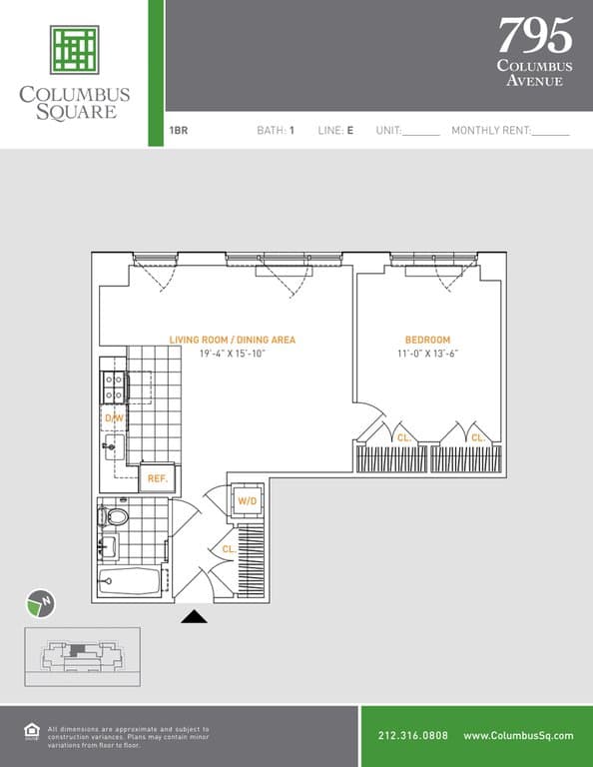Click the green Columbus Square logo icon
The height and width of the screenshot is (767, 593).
tap(75, 50)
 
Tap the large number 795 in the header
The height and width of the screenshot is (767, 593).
tap(535, 36)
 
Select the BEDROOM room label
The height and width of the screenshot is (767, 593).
tap(427, 340)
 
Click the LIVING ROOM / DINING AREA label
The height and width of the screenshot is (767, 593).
tap(232, 340)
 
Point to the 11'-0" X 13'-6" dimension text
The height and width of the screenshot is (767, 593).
tap(427, 354)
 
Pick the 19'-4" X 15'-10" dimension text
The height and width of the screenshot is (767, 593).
tap(232, 354)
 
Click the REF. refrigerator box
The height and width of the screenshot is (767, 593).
tap(157, 478)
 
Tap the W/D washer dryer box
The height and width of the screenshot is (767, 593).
tap(247, 500)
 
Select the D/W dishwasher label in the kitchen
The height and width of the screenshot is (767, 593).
tap(113, 417)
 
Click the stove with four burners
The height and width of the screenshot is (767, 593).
tap(114, 384)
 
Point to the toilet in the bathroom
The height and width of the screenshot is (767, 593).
tap(116, 517)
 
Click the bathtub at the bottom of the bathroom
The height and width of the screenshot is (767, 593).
tap(132, 583)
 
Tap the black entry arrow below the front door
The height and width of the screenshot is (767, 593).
tap(194, 617)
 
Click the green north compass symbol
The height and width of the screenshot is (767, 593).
tap(40, 603)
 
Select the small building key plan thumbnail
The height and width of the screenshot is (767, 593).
tap(82, 656)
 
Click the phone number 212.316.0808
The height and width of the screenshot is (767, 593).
tap(413, 736)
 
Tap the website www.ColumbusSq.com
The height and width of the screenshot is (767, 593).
tap(518, 736)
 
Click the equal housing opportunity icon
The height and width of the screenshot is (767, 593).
tap(31, 731)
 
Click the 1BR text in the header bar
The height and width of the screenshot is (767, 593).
tap(179, 130)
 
